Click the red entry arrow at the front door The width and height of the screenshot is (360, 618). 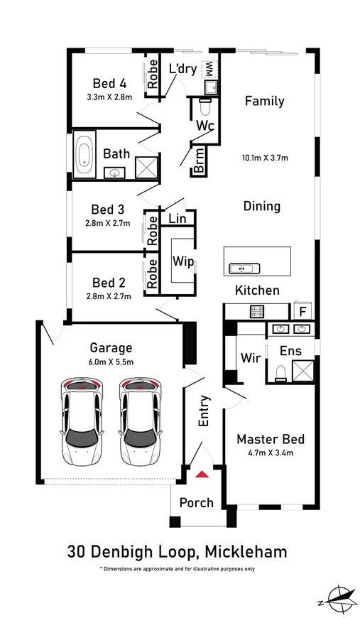click(x=202, y=474)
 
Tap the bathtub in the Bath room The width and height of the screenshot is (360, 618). click(x=84, y=154)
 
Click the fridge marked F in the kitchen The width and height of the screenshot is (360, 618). click(x=302, y=311)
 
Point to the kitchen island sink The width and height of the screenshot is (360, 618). click(x=244, y=269)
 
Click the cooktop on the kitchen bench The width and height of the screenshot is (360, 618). click(x=257, y=312)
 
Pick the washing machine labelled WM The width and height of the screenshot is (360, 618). click(x=208, y=70)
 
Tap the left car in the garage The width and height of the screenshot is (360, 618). click(x=82, y=423)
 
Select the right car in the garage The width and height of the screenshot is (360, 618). click(x=141, y=423)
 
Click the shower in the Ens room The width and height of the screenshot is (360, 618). click(x=303, y=371)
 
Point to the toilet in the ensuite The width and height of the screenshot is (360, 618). click(x=281, y=373)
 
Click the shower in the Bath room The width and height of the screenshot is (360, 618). click(x=146, y=168)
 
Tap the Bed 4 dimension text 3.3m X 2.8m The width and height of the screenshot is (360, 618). click(x=109, y=97)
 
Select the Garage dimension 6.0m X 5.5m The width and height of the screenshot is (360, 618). click(x=111, y=362)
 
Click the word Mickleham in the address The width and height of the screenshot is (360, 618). click(x=246, y=552)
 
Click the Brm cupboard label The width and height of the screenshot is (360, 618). click(x=200, y=161)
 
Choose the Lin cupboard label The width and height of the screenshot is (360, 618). click(x=178, y=218)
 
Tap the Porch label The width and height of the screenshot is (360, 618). click(x=197, y=503)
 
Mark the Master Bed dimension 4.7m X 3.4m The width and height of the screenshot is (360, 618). click(x=271, y=453)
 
